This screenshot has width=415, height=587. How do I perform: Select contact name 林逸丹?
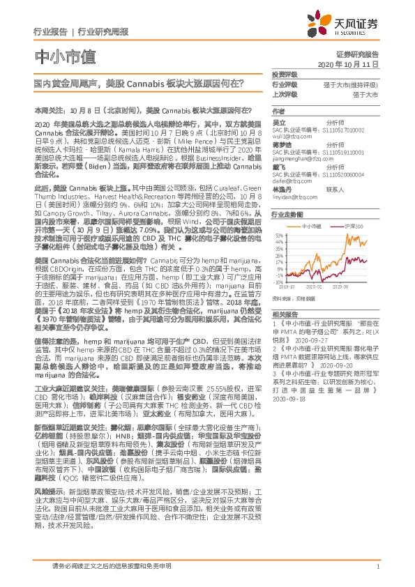click(x=281, y=189)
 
